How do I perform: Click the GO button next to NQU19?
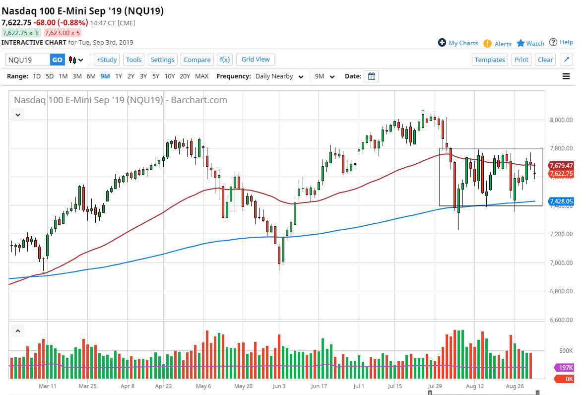tap(58, 60)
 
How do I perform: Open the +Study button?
tap(106, 60)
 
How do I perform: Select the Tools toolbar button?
tap(133, 60)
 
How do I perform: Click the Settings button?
tap(162, 60)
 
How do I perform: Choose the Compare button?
tap(197, 60)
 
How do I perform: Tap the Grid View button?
tap(256, 60)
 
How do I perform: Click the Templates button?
tap(489, 60)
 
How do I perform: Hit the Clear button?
tap(545, 60)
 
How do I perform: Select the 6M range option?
tap(91, 76)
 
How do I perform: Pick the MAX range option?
tap(201, 76)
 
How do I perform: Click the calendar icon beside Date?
tap(372, 76)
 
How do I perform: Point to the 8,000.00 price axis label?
tap(562, 120)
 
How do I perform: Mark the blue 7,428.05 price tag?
tap(561, 201)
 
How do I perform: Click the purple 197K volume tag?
tap(565, 368)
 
